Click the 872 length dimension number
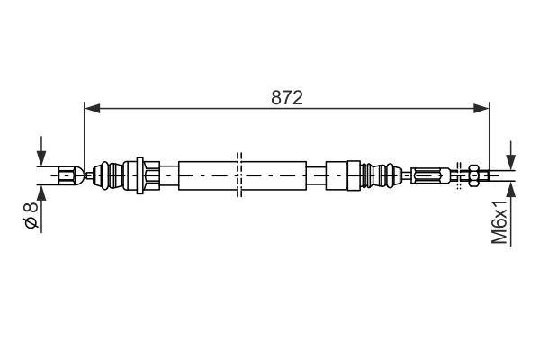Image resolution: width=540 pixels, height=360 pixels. (287, 98)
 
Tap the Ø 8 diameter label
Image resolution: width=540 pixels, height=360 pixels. (31, 216)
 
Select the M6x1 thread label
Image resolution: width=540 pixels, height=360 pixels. (499, 222)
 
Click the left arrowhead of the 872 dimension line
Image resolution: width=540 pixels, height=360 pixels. (93, 108)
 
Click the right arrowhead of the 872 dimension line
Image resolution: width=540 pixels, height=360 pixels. (481, 108)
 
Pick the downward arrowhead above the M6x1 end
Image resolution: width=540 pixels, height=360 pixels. (510, 162)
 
